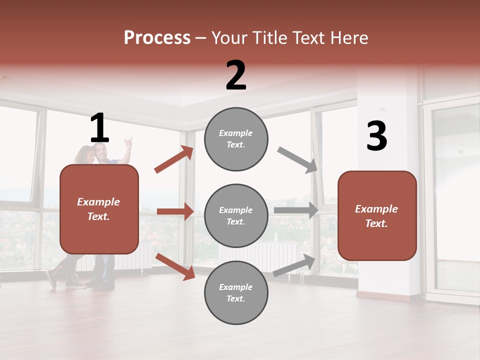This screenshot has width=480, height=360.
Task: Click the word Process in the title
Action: pos(157,37)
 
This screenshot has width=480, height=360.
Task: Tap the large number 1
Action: pos(99,128)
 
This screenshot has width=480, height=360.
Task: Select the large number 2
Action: pos(236,75)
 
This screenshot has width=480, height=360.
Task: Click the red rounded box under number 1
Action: pos(99,209)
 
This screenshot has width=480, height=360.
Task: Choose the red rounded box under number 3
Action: pos(377,216)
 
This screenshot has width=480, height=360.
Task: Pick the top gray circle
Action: pos(236,138)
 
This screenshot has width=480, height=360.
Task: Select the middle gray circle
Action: pos(236,215)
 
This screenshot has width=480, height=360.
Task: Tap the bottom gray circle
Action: pos(236,292)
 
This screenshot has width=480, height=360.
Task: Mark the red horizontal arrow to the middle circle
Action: pos(175,211)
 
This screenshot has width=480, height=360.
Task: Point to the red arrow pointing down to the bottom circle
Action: pos(175,266)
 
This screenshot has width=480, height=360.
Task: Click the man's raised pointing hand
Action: pos(129,142)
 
